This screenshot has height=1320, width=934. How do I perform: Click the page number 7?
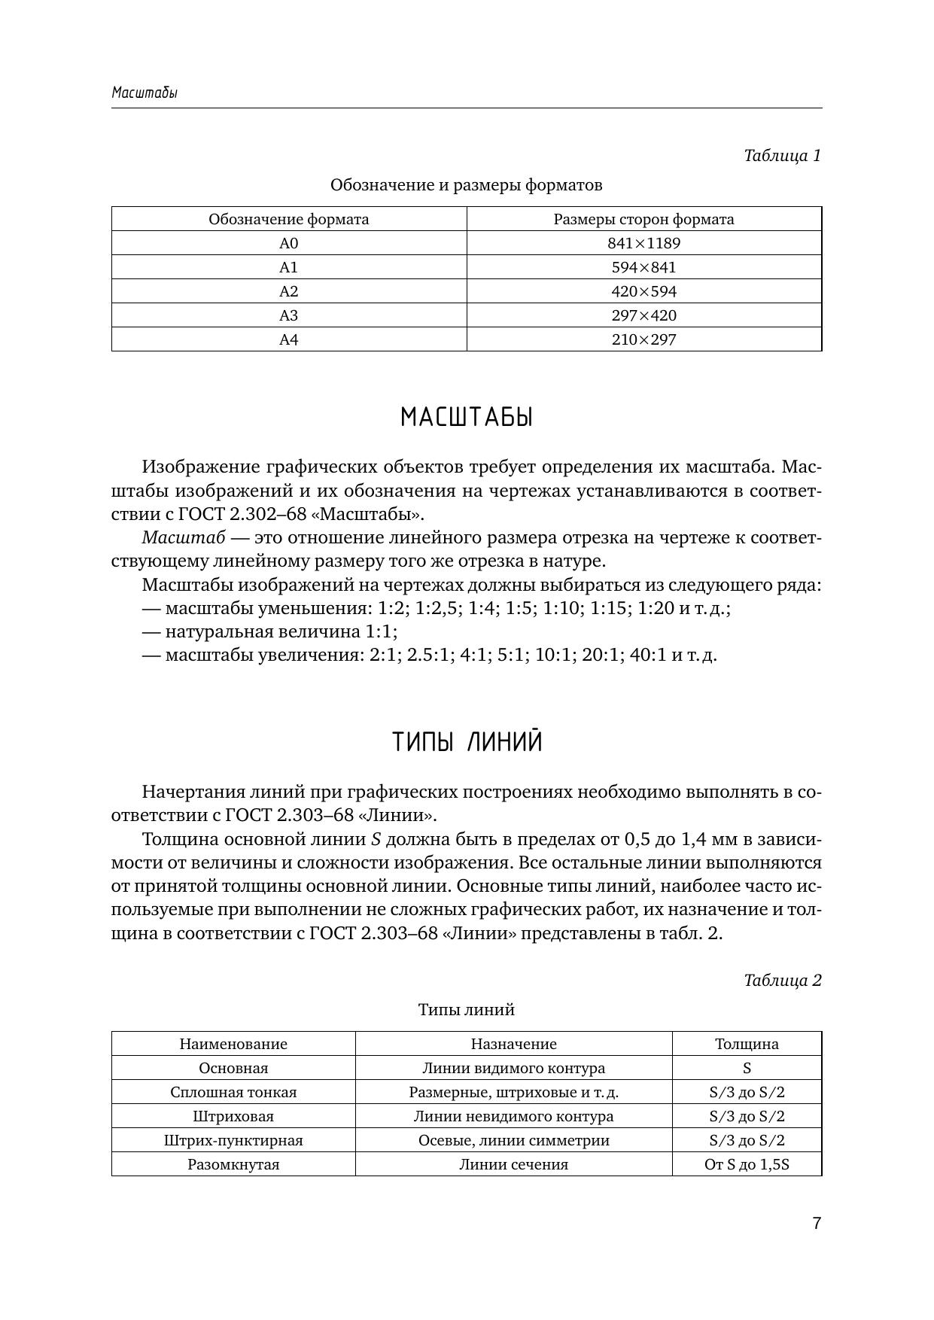817,1223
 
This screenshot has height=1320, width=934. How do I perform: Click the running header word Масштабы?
145,93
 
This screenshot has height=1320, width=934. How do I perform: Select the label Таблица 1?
782,156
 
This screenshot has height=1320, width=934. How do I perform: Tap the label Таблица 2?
782,981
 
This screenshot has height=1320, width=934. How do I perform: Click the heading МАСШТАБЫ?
467,417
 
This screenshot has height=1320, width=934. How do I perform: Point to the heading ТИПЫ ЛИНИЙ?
467,743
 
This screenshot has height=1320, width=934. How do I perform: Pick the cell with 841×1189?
643,243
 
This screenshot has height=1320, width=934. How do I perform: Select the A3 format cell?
289,315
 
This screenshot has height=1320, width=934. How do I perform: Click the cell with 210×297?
643,339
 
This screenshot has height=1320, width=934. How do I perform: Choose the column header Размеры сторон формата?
643,219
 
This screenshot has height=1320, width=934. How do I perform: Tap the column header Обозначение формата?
289,219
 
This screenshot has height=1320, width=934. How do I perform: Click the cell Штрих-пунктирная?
233,1140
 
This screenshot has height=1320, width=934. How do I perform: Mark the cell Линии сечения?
513,1164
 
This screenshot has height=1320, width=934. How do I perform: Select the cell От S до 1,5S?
747,1164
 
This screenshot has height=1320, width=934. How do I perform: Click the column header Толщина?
747,1044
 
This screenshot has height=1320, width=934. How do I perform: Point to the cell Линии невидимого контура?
513,1116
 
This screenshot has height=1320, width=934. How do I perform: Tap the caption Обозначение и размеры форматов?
467,185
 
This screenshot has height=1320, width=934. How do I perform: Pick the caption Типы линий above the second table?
467,1010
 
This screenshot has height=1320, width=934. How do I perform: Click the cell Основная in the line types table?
233,1068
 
